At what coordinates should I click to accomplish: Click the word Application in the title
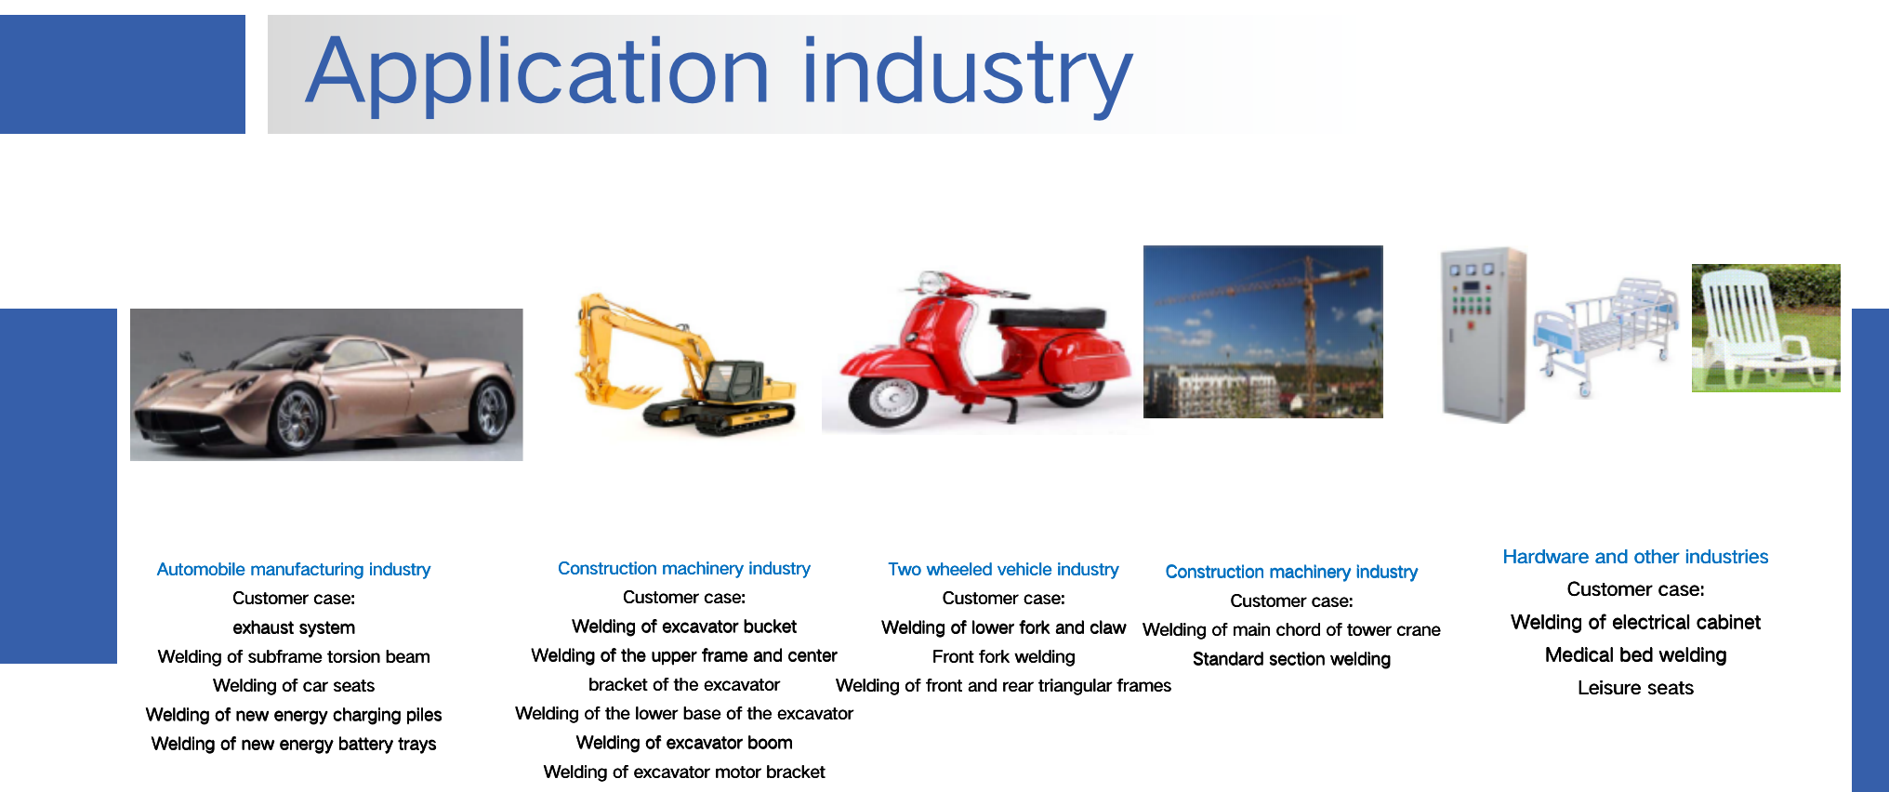(537, 73)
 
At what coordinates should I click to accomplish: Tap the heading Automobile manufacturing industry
(294, 569)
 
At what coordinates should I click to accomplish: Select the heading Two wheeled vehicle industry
(1003, 569)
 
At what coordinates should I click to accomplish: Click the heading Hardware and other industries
(1635, 557)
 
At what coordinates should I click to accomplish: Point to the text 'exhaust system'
(294, 627)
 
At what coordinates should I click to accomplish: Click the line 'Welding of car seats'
(294, 685)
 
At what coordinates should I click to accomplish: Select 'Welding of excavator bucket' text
(684, 627)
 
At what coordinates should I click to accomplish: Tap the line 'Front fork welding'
(1003, 656)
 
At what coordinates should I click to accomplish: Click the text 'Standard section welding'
(1291, 659)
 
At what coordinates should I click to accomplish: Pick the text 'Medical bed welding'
(1635, 655)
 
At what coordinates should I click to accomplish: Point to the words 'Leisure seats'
(1635, 688)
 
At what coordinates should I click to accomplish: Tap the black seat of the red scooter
(1048, 318)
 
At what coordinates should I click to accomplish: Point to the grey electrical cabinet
(1483, 335)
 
